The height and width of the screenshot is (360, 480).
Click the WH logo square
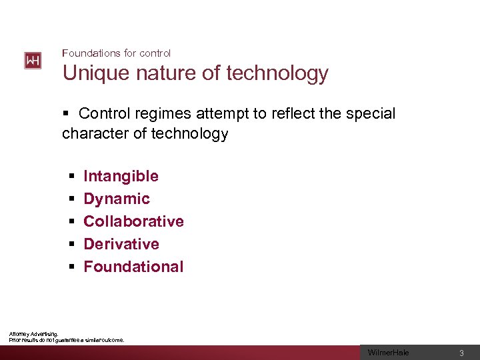[33, 61]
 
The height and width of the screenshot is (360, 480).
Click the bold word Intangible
[121, 176]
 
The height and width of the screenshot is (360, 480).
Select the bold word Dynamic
[117, 199]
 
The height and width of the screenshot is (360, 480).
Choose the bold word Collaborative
[133, 221]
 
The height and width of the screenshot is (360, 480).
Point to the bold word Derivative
[121, 244]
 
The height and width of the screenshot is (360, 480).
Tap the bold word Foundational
[133, 267]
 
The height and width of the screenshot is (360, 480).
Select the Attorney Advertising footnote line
[34, 333]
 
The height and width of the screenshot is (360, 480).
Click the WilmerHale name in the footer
[389, 353]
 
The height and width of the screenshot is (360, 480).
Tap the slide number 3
[461, 353]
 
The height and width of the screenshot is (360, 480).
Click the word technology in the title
[277, 73]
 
